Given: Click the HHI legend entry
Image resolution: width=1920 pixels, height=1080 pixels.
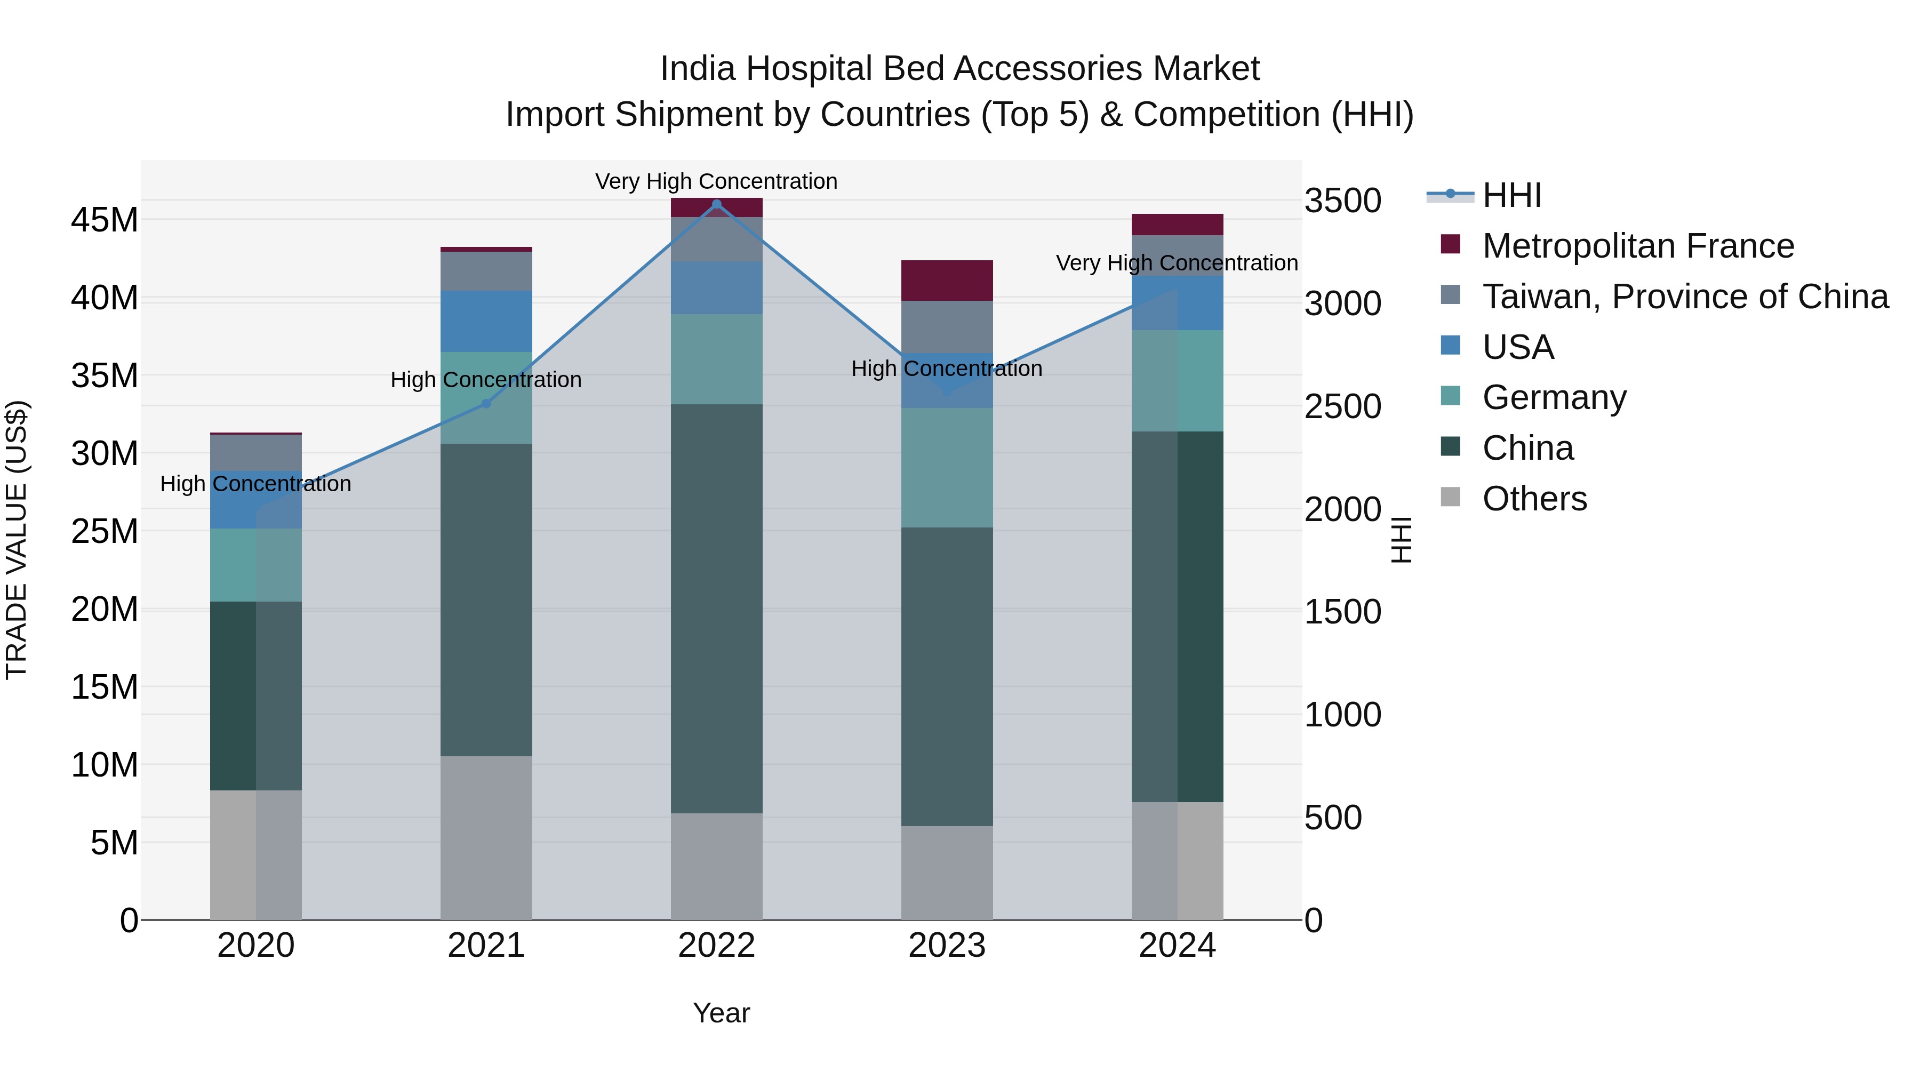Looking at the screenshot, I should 1511,195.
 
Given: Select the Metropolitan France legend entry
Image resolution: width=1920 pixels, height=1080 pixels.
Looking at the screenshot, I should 1637,246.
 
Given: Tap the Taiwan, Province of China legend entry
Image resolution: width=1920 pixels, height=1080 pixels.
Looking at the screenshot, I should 1684,297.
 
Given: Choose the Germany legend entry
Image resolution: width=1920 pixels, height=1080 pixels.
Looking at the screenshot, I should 1554,397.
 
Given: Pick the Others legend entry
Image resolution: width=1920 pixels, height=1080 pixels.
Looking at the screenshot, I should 1534,499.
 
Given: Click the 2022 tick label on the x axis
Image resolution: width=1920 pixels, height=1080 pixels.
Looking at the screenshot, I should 716,946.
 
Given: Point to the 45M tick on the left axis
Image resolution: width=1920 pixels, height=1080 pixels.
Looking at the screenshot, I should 105,221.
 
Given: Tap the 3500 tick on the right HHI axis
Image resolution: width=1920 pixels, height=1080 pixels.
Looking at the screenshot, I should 1342,201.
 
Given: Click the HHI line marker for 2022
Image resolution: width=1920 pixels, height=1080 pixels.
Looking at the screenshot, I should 716,204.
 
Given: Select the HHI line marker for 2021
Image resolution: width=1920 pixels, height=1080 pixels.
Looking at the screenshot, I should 486,404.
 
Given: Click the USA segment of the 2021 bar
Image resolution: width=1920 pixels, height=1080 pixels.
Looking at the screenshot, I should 486,321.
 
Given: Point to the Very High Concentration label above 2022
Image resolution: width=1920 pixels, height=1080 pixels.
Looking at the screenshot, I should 716,181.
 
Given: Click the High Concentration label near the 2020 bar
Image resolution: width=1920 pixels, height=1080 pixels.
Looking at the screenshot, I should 255,484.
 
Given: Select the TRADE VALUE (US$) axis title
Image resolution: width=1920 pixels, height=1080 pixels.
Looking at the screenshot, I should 17,540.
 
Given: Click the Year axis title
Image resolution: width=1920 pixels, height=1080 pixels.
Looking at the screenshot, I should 721,1013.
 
